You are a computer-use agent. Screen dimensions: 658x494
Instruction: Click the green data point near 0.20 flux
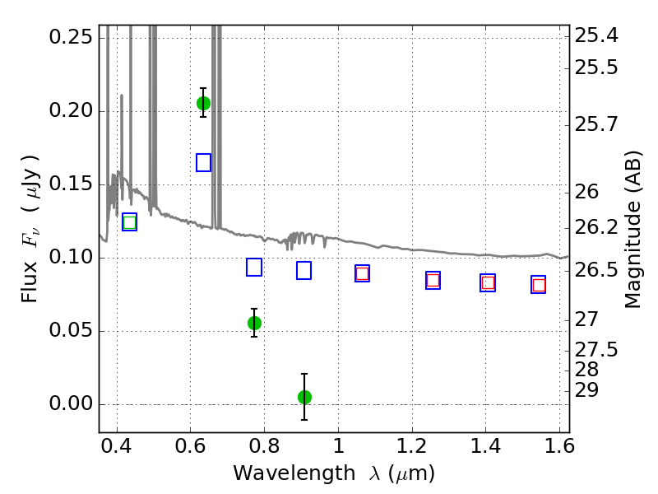203,104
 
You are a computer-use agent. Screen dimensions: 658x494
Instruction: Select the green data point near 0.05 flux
254,323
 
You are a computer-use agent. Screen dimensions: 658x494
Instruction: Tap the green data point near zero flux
304,397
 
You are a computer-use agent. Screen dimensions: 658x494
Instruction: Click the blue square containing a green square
130,221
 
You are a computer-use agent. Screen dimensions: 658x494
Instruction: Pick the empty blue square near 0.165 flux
203,162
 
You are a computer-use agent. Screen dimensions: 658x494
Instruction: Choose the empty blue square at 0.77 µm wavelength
254,267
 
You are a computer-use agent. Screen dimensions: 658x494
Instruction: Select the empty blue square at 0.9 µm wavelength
304,271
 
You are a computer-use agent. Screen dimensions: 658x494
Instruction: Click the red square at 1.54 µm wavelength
539,285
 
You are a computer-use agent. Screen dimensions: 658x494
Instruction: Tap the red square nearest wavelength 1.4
488,283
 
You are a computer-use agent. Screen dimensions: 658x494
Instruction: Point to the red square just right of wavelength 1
362,274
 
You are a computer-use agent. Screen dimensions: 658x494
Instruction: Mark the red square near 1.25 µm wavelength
433,280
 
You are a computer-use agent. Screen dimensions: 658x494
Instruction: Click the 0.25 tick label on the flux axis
71,37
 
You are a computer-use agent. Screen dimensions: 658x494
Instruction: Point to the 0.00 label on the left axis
71,403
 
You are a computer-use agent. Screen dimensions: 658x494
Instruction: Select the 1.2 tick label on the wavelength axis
412,446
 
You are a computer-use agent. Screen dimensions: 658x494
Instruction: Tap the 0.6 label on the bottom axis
191,446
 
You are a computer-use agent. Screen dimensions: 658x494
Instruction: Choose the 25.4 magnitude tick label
596,35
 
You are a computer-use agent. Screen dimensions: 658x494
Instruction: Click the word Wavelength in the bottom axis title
294,473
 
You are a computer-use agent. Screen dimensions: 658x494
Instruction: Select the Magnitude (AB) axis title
633,230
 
